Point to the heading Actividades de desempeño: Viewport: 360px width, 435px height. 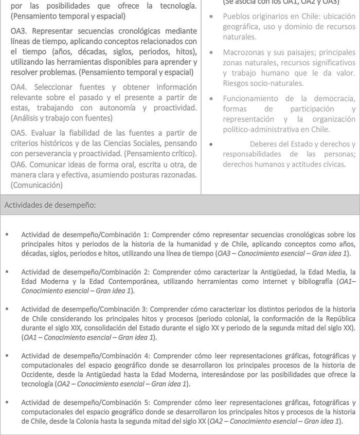49,205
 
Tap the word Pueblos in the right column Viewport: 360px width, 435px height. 236,16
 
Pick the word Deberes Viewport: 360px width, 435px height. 264,144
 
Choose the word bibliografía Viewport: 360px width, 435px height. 307,282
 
